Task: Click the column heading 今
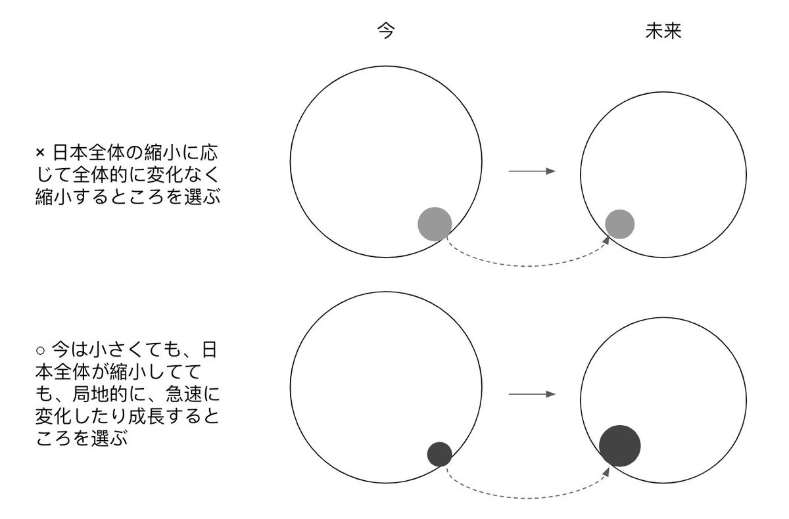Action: (x=386, y=32)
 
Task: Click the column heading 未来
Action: (x=663, y=32)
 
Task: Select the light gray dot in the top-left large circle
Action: (x=435, y=223)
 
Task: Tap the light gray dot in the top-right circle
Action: (x=619, y=223)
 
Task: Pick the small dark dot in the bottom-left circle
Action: (x=439, y=454)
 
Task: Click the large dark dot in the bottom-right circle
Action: (x=619, y=445)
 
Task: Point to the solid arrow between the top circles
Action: (x=532, y=172)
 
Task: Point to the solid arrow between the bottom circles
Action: (x=532, y=395)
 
